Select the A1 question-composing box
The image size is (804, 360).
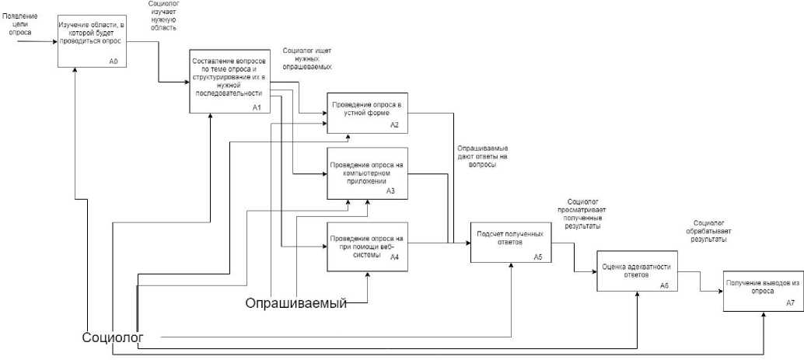[229, 82]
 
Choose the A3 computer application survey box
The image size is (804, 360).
[367, 175]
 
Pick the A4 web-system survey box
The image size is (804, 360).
[367, 246]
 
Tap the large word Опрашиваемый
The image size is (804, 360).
[295, 303]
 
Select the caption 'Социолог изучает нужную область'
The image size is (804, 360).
[163, 16]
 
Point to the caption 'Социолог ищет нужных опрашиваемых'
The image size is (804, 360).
[307, 58]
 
